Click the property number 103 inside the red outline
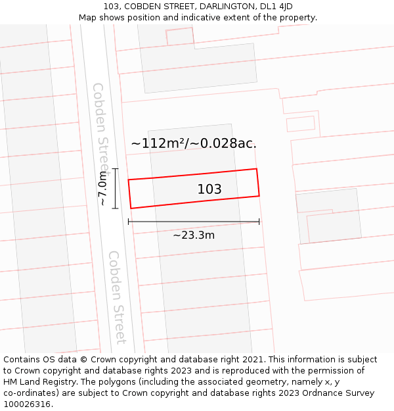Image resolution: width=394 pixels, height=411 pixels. (209, 189)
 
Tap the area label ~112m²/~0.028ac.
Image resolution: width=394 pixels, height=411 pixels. (194, 143)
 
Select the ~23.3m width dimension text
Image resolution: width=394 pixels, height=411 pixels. (194, 235)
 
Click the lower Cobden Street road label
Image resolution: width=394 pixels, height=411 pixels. (116, 297)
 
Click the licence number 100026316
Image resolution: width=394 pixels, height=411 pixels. (28, 404)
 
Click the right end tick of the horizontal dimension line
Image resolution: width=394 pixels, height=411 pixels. (259, 222)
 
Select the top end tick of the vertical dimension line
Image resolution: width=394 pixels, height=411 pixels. (115, 169)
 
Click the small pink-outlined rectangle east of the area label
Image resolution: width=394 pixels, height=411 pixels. (301, 124)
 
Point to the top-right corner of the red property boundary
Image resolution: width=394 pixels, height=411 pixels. (256, 169)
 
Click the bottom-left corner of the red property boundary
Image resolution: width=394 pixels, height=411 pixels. (131, 208)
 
